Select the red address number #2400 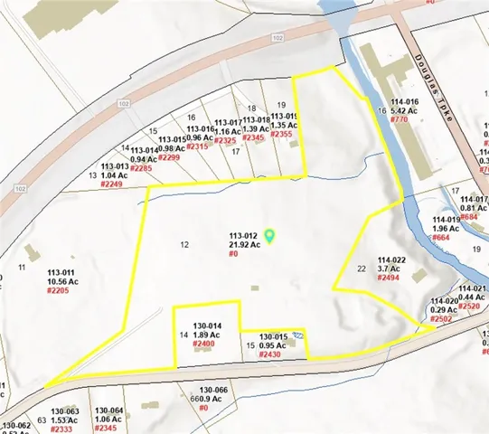(x=203, y=344)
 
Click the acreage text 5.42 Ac (x=406, y=109)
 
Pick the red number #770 (x=400, y=119)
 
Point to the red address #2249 (x=111, y=184)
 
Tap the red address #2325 (x=226, y=140)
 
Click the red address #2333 (x=61, y=429)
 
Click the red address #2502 (x=442, y=318)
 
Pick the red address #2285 (x=142, y=168)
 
